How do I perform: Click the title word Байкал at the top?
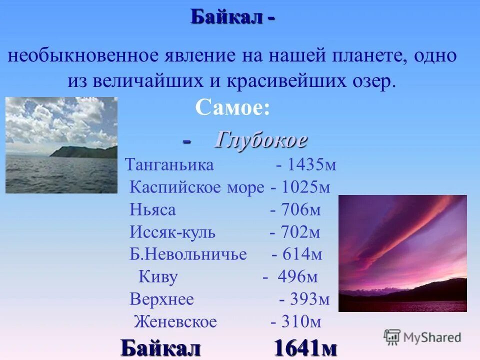(x=226, y=18)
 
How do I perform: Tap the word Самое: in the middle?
(x=232, y=107)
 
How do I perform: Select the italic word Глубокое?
(x=260, y=140)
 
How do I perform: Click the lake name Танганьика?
(x=169, y=165)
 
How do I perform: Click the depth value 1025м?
(x=306, y=187)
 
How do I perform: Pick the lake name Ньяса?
(x=152, y=209)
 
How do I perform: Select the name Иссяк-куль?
(x=172, y=232)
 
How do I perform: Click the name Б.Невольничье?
(x=188, y=254)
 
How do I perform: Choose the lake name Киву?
(x=158, y=277)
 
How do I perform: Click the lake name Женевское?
(x=175, y=322)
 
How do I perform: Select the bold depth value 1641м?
(x=305, y=347)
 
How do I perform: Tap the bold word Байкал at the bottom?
(x=160, y=347)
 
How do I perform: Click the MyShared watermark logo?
(x=422, y=337)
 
